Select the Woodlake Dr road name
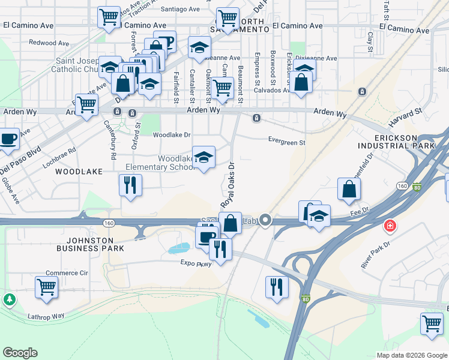coord(171,135)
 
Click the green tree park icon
coord(10,299)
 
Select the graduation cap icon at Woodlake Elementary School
coord(203,157)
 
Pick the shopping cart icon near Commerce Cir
coord(46,286)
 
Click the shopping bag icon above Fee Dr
coord(349,189)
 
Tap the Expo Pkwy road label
coord(196,262)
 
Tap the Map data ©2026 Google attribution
coord(411,355)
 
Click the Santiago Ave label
coord(180,10)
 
